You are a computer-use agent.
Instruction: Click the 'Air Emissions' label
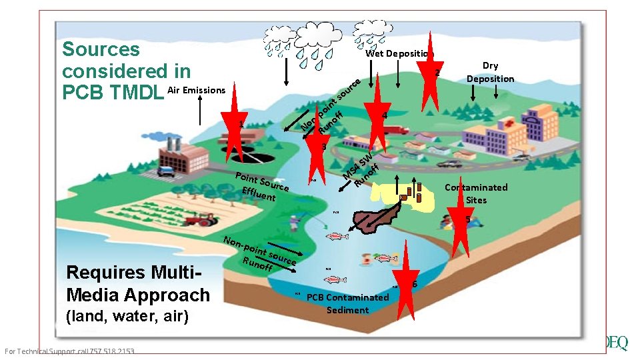197,90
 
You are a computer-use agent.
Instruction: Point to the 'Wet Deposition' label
399,53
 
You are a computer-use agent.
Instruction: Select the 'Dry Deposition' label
490,72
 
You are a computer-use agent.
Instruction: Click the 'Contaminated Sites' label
476,193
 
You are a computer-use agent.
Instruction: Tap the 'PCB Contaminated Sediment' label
347,303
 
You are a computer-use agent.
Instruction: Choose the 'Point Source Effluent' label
261,187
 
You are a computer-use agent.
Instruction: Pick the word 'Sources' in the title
101,49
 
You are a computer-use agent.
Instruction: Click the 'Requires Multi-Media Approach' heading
137,283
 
